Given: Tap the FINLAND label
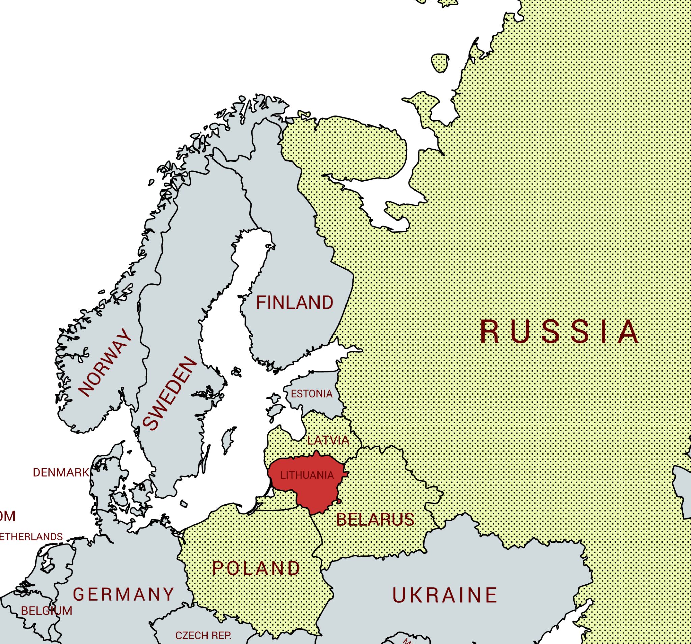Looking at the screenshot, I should [x=295, y=302].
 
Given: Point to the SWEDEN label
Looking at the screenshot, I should [x=170, y=393].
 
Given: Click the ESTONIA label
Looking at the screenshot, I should [x=311, y=394].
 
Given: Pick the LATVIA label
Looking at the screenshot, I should [x=328, y=441].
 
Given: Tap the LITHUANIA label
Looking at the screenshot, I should [x=307, y=475].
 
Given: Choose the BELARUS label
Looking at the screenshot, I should [x=375, y=520].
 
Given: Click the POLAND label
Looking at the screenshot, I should [x=256, y=568].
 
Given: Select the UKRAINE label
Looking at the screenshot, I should [x=445, y=595].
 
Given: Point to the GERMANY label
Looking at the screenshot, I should [x=123, y=594].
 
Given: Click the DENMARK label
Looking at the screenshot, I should [x=61, y=472].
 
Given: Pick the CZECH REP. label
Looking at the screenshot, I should [x=203, y=635].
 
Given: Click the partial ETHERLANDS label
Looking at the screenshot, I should [x=31, y=537].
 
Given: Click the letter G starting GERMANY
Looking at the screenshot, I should [x=79, y=594].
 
